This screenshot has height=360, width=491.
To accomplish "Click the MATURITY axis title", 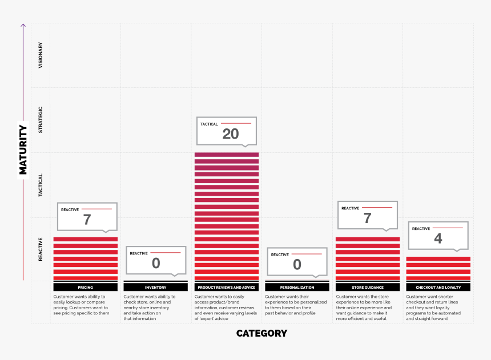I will pos(23,149).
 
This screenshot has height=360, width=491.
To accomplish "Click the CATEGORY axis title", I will pos(261,333).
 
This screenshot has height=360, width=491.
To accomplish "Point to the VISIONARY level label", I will pos(40,55).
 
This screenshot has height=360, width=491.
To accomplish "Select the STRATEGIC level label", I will pos(40,120).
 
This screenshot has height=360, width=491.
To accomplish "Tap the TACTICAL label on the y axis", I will pos(40,185).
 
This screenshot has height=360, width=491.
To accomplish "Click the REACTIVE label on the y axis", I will pos(40,249).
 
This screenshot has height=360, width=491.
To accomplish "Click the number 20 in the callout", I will pos(231,135).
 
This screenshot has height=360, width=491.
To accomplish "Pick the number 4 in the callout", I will pos(438,238).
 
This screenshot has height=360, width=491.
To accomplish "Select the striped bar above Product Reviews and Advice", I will pos(227,217).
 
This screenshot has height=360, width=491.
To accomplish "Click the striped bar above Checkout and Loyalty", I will pos(438,269).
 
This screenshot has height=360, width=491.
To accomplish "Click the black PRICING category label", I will pos(86,288).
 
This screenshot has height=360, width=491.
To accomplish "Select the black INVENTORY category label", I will pos(156,288).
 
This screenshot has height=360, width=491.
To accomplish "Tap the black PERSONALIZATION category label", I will pos(297,288).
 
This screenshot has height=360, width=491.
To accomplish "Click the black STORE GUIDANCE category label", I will pos(367,288).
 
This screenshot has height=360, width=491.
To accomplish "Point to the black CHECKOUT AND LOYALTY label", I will pos(438,288).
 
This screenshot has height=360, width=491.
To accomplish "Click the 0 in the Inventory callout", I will pos(156,264).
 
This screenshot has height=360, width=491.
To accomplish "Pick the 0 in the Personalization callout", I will pos(297,265).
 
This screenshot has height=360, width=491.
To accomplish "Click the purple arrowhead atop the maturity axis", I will pos(23,25).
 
